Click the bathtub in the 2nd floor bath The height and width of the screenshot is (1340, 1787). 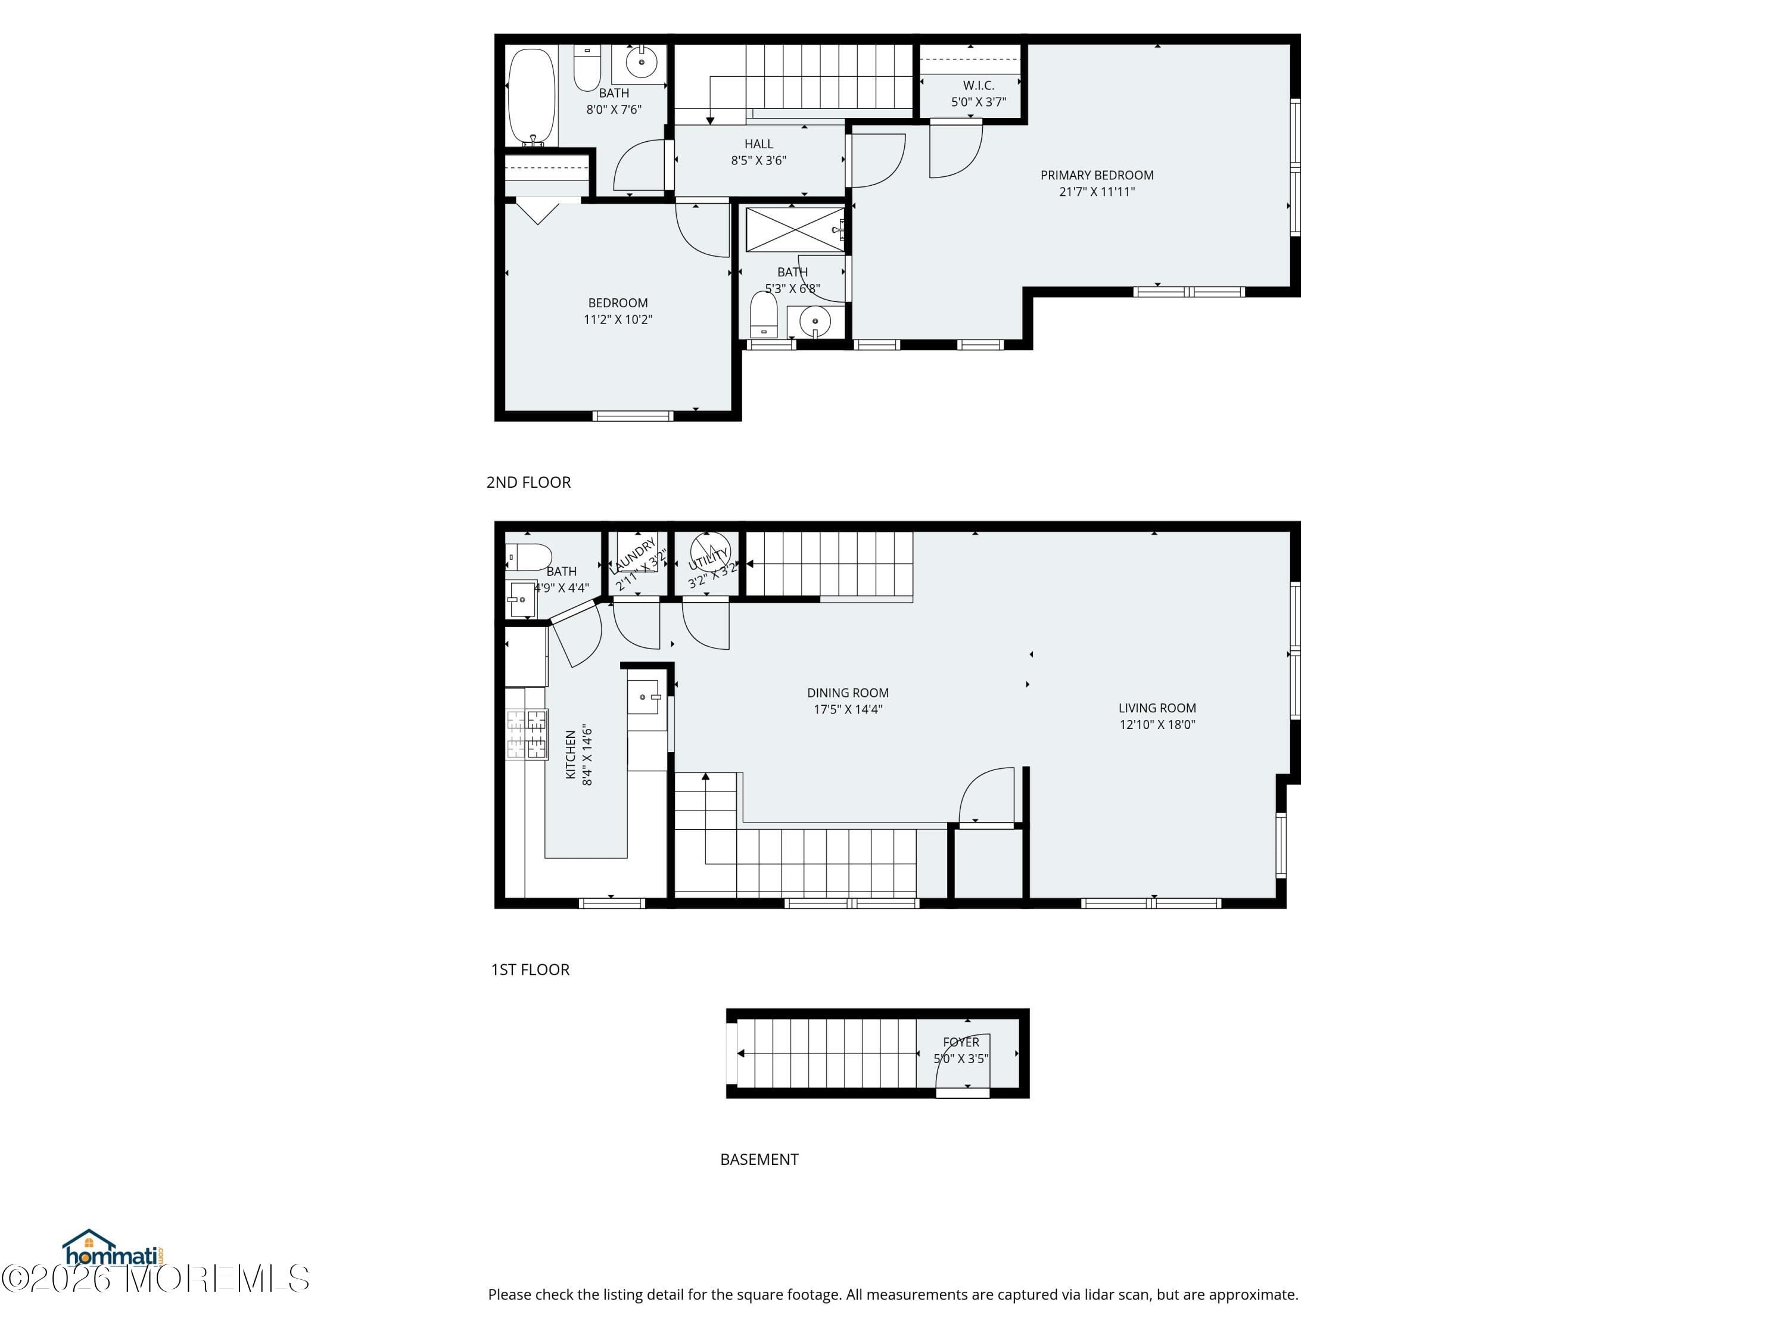531,98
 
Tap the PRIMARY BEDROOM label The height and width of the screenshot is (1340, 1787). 1096,175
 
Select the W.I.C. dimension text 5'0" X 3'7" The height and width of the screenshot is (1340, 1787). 978,102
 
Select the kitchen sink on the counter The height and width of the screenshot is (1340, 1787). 644,697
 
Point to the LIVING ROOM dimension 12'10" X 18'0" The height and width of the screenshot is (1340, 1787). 1157,725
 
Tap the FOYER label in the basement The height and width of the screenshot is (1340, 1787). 961,1043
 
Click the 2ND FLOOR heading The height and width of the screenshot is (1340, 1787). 528,482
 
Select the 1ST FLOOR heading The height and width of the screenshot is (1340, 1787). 530,969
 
